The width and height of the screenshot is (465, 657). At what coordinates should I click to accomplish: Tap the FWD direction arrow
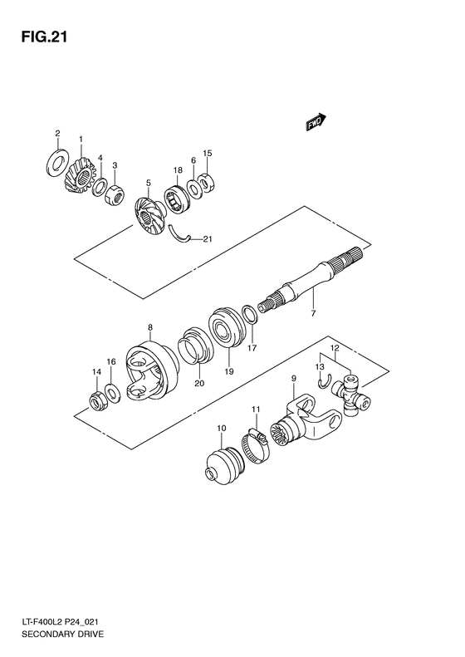pyautogui.click(x=314, y=124)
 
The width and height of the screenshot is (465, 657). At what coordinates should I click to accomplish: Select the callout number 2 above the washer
pyautogui.click(x=57, y=133)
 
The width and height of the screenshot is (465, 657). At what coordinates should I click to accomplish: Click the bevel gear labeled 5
pyautogui.click(x=151, y=218)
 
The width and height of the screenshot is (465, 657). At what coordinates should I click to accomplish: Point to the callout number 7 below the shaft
pyautogui.click(x=313, y=315)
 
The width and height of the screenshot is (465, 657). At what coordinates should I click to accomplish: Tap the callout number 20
pyautogui.click(x=198, y=384)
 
